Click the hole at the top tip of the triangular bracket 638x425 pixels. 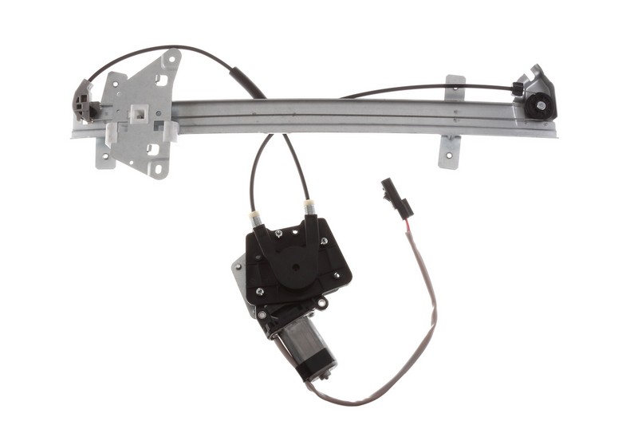coord(171,58)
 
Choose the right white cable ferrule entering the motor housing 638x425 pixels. coord(309,209)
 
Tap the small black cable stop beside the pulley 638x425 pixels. coord(518,89)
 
